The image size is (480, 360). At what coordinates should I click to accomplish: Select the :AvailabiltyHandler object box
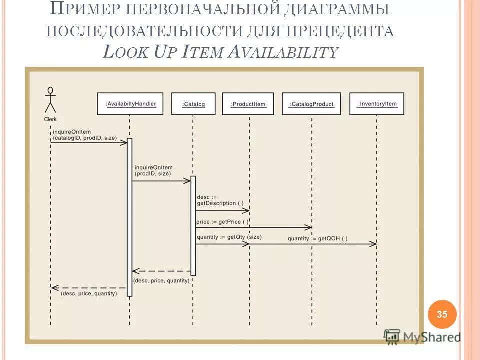130,104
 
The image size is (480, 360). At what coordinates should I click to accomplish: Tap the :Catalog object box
193,104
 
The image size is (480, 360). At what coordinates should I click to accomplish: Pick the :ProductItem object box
248,104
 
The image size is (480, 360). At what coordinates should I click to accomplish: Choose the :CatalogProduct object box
311,104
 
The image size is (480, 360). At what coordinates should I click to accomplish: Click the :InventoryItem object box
377,104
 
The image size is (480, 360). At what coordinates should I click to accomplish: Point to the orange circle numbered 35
442,314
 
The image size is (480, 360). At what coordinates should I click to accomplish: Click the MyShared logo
423,337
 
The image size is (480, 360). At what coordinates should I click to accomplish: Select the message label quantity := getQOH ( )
317,238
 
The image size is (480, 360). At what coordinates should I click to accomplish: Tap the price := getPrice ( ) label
222,221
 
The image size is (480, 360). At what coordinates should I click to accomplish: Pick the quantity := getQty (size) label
229,237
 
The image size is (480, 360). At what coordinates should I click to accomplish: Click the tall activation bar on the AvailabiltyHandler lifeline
130,217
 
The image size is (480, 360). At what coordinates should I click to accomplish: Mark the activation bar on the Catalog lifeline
193,225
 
